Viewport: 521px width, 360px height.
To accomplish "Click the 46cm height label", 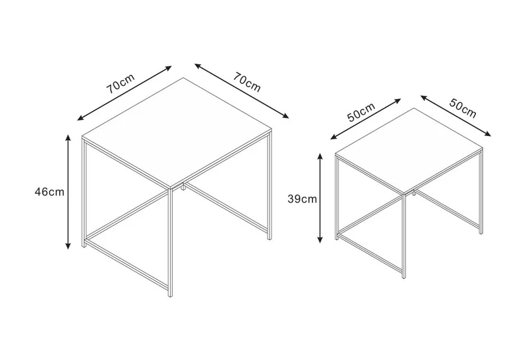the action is coord(49,192).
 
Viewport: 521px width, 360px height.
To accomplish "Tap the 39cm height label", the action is coord(302,199).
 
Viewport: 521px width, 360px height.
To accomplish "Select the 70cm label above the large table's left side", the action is coord(120,83).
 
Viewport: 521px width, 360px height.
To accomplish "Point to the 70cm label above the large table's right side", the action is coord(246,81).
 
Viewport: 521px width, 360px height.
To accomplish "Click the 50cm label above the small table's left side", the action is coord(361,112).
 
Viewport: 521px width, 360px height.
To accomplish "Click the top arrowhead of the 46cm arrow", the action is coord(68,138).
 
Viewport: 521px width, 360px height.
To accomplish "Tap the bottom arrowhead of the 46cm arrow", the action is coord(68,245).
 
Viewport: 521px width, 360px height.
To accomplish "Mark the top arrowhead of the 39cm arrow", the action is coord(320,157).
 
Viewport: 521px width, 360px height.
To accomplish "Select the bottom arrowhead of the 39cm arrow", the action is coord(320,238).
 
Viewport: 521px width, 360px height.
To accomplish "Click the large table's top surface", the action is coord(177,133).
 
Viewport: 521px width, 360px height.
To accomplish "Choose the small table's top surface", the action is coord(409,150).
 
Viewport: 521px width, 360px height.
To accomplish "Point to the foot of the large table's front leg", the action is coord(171,295).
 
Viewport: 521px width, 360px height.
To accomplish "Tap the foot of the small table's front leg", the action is coord(404,276).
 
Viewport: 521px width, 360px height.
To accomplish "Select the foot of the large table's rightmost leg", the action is coord(270,238).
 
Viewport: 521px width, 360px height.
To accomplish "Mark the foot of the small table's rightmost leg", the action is coord(481,232).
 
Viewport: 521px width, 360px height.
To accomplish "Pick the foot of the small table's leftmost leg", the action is coord(337,238).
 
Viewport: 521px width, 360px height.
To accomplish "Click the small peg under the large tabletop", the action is coord(183,188).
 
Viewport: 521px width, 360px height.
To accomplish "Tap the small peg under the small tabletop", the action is coord(414,193).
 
